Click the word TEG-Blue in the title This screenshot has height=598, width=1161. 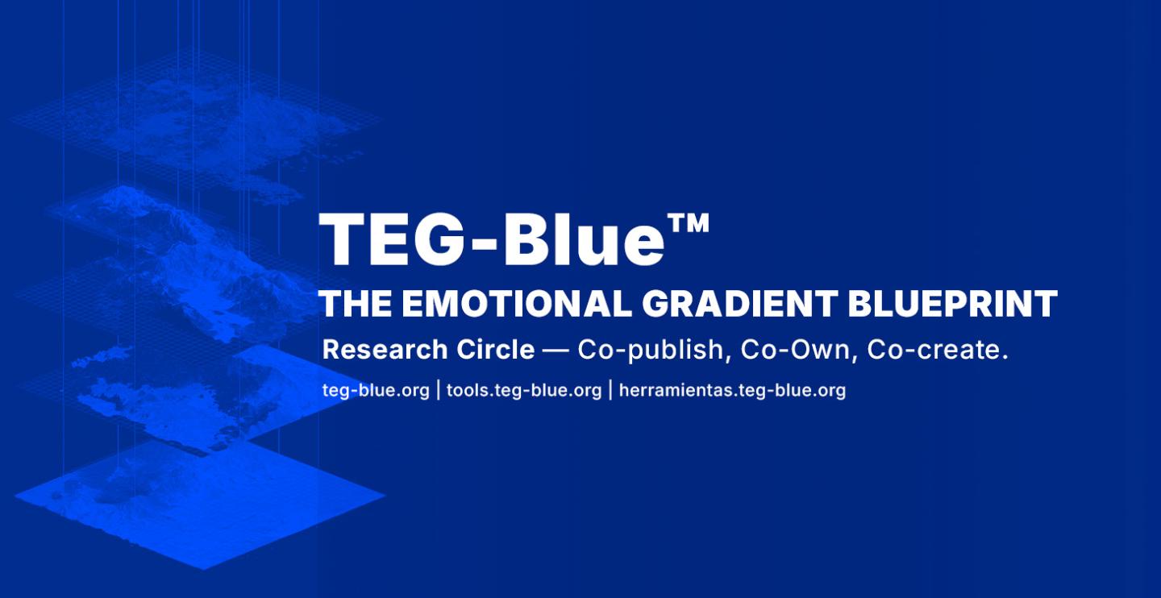point(491,240)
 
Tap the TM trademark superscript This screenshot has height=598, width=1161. point(689,224)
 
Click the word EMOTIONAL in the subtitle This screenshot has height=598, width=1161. point(517,304)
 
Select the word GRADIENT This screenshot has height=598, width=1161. point(740,304)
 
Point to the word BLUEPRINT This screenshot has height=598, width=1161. point(953,304)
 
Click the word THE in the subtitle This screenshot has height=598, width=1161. point(356,304)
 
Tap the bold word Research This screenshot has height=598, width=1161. point(385,349)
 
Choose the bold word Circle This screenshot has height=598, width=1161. point(496,349)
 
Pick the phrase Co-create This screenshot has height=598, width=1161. point(938,350)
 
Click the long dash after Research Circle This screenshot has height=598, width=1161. point(556,351)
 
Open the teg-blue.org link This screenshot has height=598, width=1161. point(376,391)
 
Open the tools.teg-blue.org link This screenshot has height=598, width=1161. point(524,391)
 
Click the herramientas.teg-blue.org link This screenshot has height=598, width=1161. point(732,391)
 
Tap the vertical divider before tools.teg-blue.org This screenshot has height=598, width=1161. point(439,390)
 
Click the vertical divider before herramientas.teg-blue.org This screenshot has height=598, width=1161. point(610,390)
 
